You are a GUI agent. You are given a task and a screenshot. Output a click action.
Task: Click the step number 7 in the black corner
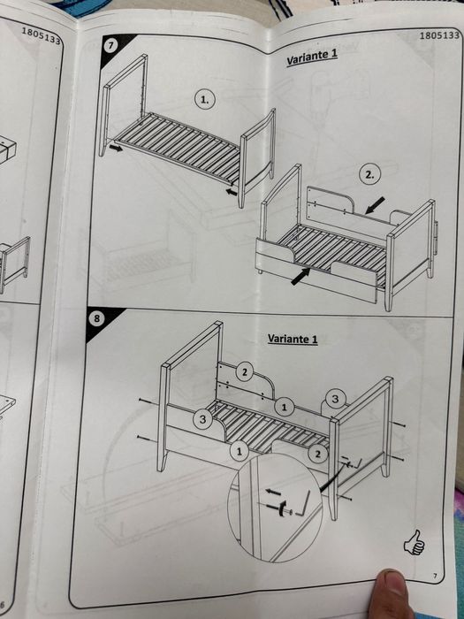coord(110,45)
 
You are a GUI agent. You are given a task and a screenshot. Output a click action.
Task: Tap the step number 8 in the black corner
coord(96,318)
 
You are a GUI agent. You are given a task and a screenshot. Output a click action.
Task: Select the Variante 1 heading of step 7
coord(312,57)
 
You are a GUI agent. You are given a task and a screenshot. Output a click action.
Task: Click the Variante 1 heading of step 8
coord(293,339)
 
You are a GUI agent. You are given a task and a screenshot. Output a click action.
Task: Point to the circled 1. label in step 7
coord(205,99)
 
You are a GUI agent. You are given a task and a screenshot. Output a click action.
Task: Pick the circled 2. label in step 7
coord(369,175)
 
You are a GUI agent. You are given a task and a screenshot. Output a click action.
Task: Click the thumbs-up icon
coord(414,542)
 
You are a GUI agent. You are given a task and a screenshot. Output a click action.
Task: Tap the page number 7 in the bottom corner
coord(435,576)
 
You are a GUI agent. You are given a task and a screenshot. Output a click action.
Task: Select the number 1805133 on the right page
coord(439,35)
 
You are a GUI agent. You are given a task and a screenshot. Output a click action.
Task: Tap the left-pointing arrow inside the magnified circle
coord(273,492)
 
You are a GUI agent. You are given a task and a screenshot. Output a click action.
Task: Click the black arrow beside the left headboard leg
coord(116,149)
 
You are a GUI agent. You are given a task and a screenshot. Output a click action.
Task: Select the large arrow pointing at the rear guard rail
coord(375,206)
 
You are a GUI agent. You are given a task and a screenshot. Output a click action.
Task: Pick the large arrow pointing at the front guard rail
coord(300,276)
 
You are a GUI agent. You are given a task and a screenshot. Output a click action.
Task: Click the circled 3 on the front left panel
coord(202,419)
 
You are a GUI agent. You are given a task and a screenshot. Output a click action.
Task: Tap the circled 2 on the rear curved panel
coord(245,372)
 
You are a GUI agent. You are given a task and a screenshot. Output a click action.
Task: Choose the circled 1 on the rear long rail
coord(284,407)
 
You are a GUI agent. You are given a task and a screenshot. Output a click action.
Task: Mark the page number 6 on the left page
coord(3,605)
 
